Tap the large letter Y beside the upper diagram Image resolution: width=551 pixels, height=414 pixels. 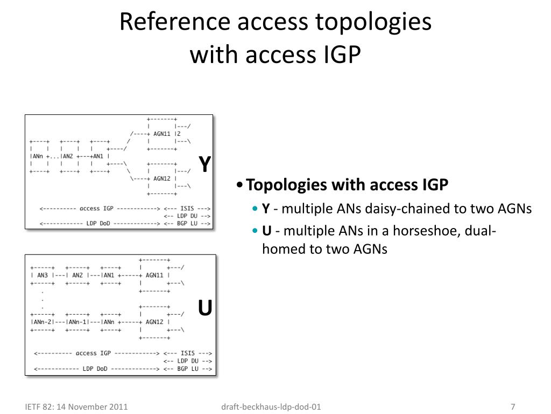point(204,164)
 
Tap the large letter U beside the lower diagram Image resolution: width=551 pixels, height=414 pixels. point(204,308)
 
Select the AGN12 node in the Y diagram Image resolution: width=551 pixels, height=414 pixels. point(163,178)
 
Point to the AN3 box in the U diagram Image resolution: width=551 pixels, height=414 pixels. point(43,275)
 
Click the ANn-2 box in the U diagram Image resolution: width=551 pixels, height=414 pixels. point(43,322)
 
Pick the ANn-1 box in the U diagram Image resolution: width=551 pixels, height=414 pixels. point(77,322)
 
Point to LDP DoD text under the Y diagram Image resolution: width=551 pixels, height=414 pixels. point(98,223)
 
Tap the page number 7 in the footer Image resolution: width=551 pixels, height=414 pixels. point(513,407)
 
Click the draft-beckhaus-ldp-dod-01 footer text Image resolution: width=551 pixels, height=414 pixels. point(271,407)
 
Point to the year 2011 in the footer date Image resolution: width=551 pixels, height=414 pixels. point(118,407)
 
